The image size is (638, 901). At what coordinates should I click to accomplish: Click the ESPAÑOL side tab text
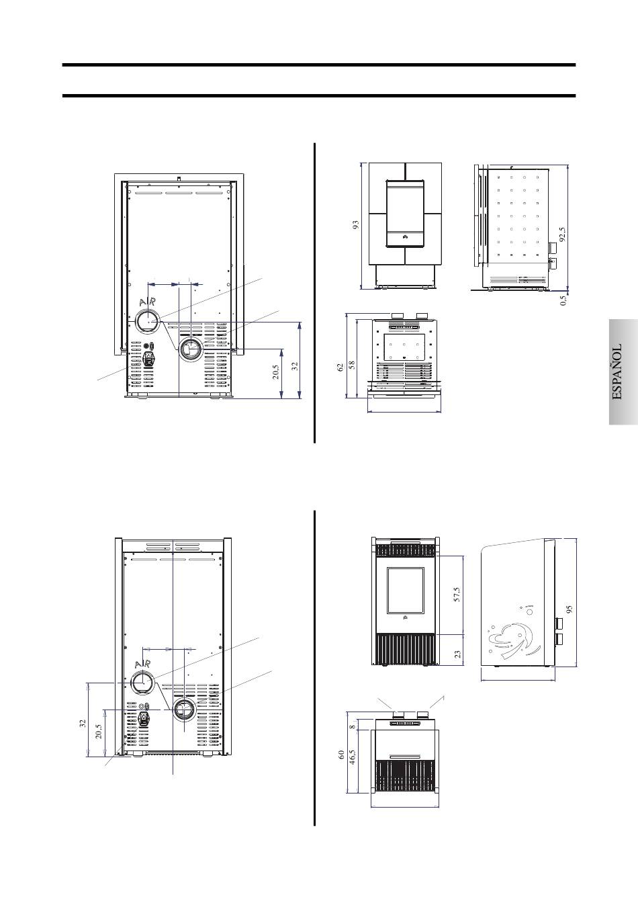point(617,372)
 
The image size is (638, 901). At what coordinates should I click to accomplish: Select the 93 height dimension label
point(355,225)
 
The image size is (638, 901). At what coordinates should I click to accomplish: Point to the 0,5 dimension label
point(563,300)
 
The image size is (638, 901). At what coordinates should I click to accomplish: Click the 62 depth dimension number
point(341,367)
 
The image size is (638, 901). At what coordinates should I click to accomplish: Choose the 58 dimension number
point(352,365)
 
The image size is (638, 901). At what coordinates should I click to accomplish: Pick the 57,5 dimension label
point(457,594)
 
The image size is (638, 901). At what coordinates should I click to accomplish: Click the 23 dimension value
point(457,654)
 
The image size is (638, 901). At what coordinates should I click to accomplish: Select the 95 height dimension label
point(569,609)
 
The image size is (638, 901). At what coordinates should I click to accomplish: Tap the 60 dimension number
point(341,754)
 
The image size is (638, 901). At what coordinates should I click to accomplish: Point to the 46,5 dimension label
point(353,757)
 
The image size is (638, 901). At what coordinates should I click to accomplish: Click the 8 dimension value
point(353,727)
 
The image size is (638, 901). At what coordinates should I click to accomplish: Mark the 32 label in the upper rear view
point(295,366)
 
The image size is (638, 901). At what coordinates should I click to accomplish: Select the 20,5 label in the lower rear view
point(99,731)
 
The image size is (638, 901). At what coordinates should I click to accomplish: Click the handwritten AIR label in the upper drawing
point(147,302)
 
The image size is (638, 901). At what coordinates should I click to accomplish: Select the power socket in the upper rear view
point(148,357)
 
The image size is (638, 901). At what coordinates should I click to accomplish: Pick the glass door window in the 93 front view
point(405,213)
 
